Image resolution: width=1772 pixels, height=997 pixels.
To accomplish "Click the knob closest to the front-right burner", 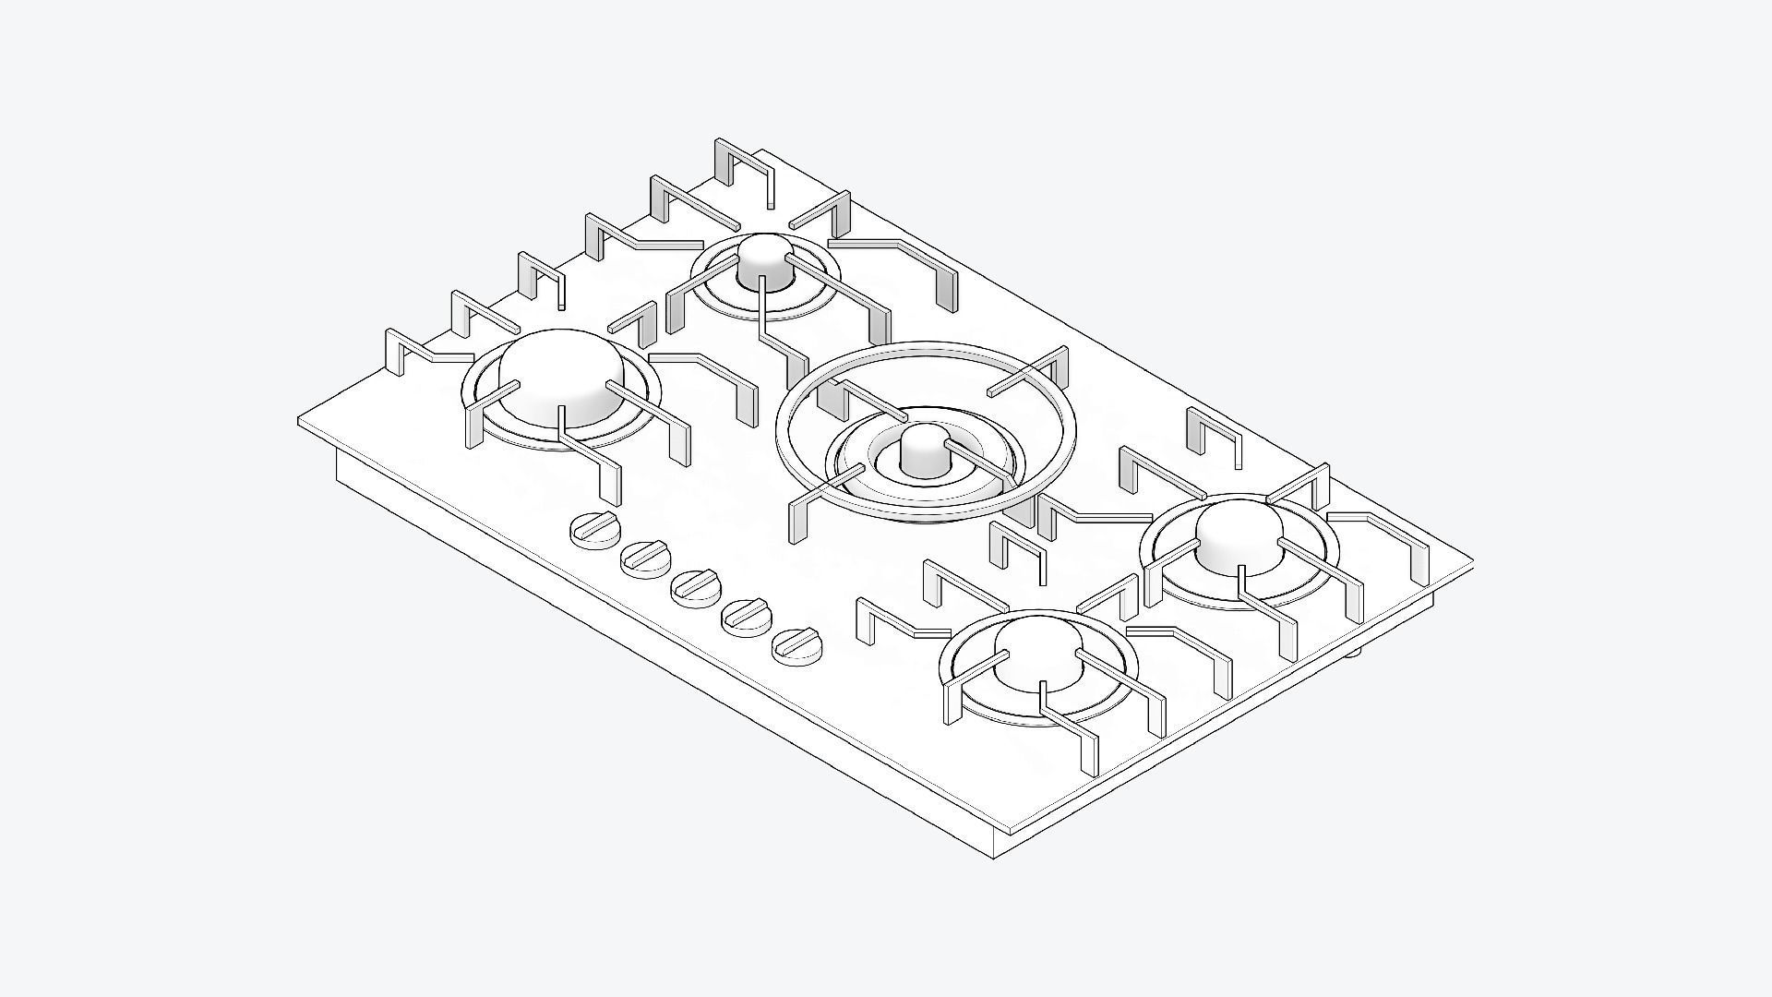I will click(x=796, y=643).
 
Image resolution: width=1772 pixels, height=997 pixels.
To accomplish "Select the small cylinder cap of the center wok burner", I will click(x=920, y=451).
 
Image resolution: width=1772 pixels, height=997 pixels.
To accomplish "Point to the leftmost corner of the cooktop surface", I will click(x=301, y=421).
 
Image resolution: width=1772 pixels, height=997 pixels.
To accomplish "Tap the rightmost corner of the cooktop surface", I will click(x=1469, y=559).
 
